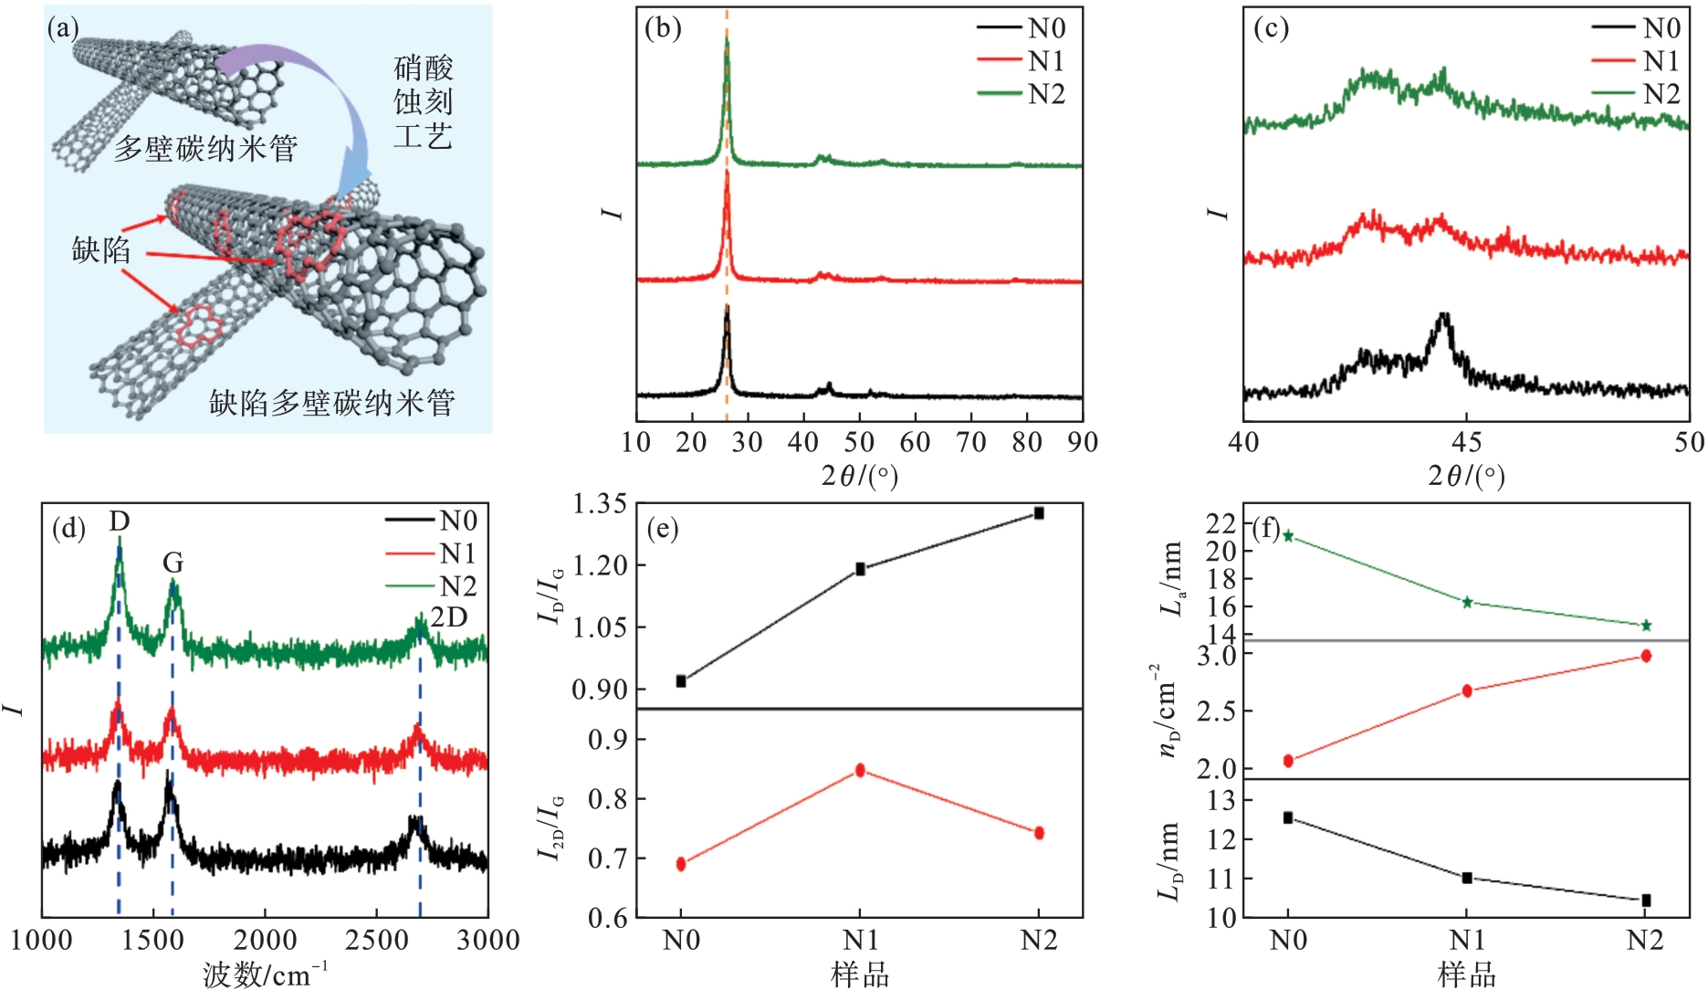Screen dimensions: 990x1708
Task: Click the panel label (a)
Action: click(63, 29)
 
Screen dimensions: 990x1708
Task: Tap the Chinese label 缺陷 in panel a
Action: click(101, 249)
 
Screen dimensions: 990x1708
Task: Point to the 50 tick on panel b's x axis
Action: click(859, 442)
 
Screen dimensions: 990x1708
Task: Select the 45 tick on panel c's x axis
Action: click(1466, 442)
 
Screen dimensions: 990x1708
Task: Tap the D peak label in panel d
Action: click(120, 521)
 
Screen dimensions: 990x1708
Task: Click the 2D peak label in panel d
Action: click(449, 617)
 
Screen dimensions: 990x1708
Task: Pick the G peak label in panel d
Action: click(173, 563)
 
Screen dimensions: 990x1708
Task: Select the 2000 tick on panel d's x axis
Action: click(265, 940)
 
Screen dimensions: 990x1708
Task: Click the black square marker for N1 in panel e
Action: click(860, 569)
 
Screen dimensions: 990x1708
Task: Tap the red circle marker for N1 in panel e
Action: click(860, 770)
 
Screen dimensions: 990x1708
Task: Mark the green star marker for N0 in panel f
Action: click(1288, 536)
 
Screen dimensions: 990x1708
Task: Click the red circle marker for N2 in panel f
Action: click(1646, 656)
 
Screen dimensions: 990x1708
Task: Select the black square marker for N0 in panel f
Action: click(1288, 817)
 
